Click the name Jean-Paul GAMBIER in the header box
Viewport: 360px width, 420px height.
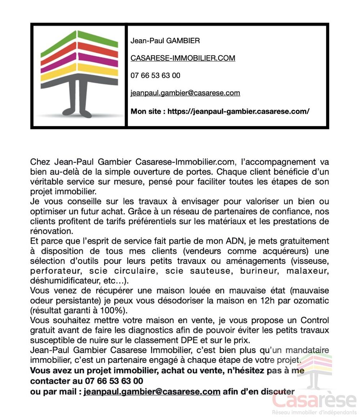click(x=165, y=41)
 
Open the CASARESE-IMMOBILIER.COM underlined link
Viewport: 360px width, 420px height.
click(x=183, y=58)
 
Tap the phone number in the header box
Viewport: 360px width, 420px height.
click(x=155, y=76)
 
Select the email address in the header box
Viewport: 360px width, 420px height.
click(x=185, y=93)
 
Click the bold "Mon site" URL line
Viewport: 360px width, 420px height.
click(x=220, y=111)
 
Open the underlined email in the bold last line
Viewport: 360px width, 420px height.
click(x=152, y=392)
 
